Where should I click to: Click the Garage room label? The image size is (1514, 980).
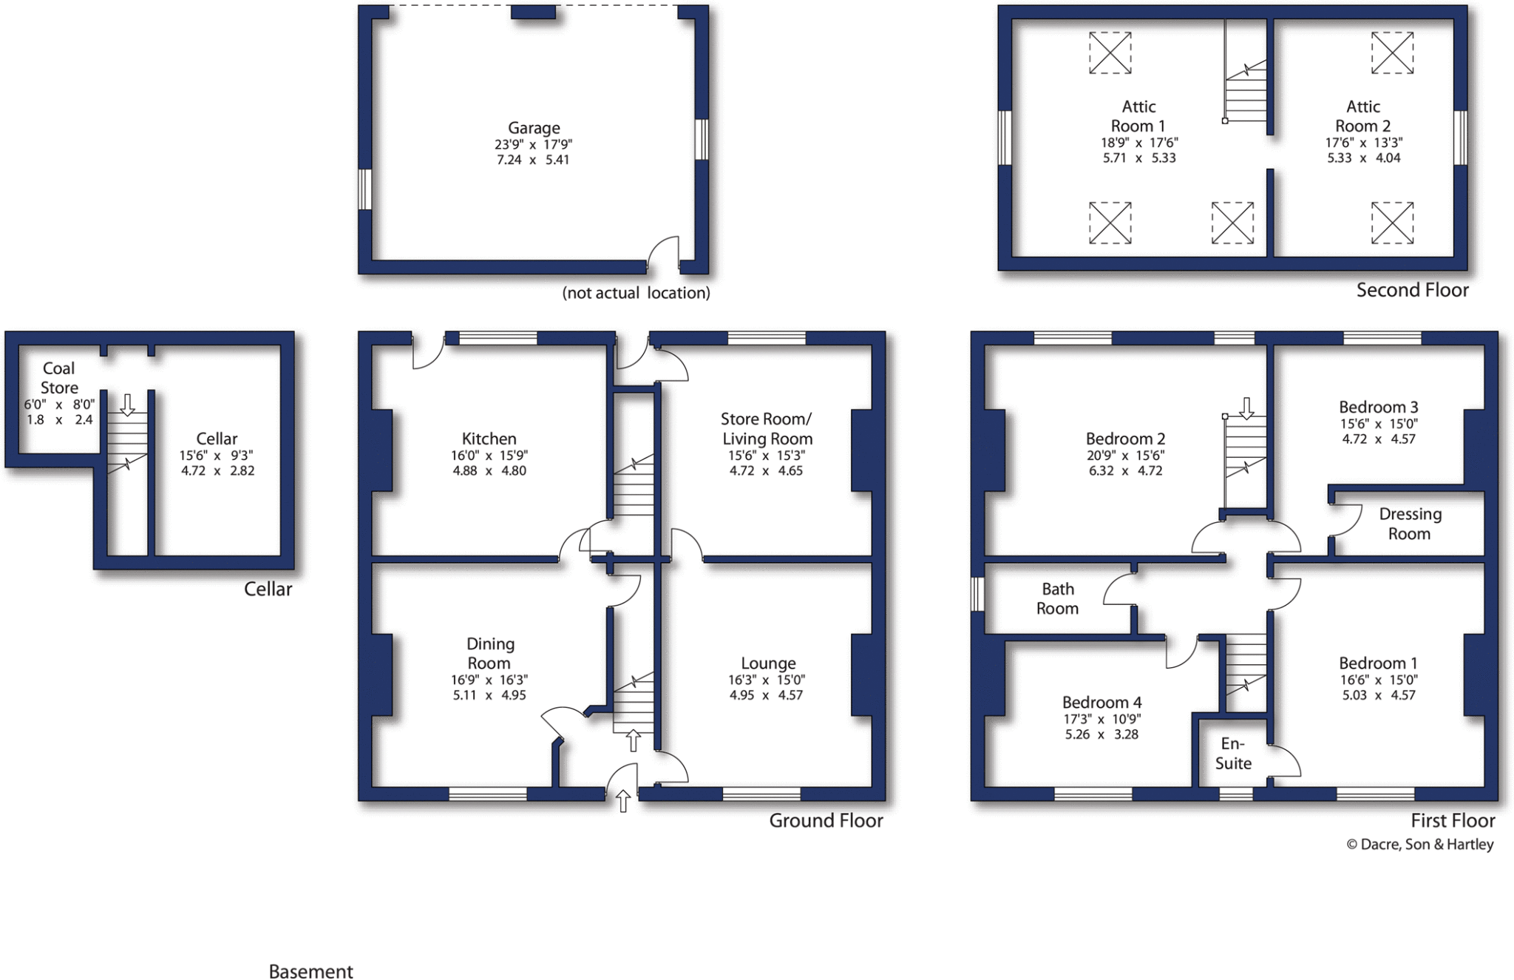(x=533, y=128)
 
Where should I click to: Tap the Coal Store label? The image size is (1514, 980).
(x=58, y=378)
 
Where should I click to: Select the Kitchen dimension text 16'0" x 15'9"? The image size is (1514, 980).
(x=489, y=456)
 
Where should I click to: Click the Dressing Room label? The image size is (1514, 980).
(x=1409, y=524)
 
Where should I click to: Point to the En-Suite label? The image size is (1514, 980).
(x=1232, y=754)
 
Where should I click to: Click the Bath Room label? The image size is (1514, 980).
(x=1057, y=598)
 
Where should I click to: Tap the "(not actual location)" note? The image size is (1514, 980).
(x=636, y=293)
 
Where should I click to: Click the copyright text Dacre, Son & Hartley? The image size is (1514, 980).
(x=1419, y=844)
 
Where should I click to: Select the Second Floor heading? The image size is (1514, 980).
(x=1412, y=290)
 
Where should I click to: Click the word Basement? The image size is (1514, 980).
(x=310, y=971)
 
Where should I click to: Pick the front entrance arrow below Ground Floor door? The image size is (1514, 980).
(x=623, y=801)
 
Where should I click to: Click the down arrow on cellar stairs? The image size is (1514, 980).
(x=127, y=405)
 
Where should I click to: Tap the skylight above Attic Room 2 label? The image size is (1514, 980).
(x=1392, y=53)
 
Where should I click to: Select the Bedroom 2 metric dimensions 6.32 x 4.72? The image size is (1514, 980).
(x=1125, y=470)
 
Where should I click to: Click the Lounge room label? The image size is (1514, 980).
(x=768, y=663)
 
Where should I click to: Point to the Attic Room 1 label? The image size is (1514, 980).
(x=1138, y=116)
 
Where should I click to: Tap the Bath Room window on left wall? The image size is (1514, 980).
(x=977, y=594)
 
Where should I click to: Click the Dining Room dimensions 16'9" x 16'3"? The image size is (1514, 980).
(x=489, y=680)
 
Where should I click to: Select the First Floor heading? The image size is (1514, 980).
(x=1452, y=820)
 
